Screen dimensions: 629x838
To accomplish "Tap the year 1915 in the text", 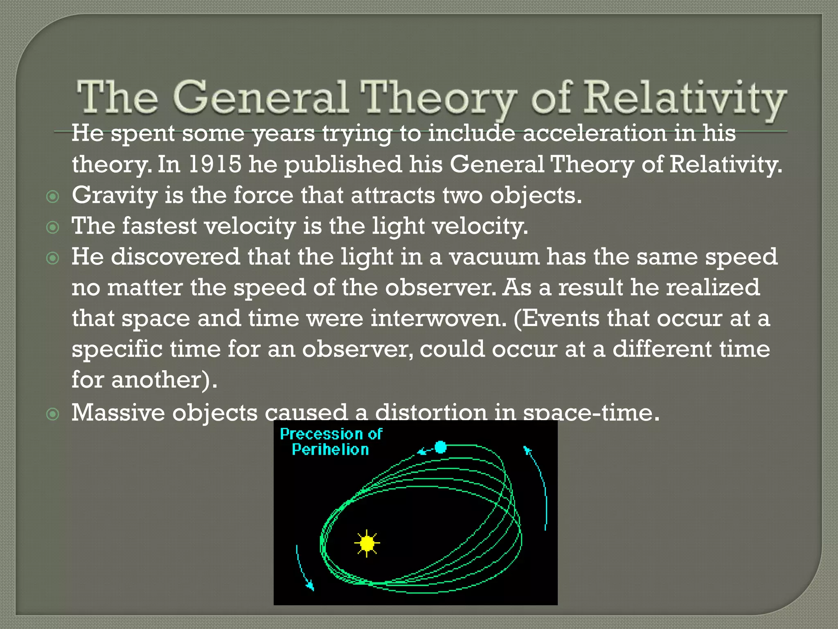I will [x=215, y=164].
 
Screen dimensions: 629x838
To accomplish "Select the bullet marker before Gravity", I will [x=53, y=197].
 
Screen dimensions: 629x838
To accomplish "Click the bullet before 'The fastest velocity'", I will [x=53, y=227].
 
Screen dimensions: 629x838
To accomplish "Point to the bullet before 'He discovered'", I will [x=53, y=258].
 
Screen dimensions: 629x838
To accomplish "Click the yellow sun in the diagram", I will [x=367, y=543].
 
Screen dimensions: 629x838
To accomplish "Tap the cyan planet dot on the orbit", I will [x=440, y=447].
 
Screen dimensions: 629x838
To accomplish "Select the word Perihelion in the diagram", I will [x=330, y=450].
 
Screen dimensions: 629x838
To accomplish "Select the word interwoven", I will [x=438, y=318].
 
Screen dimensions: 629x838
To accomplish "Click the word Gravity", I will [x=115, y=195].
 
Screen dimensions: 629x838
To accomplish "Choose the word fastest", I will [x=160, y=226].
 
